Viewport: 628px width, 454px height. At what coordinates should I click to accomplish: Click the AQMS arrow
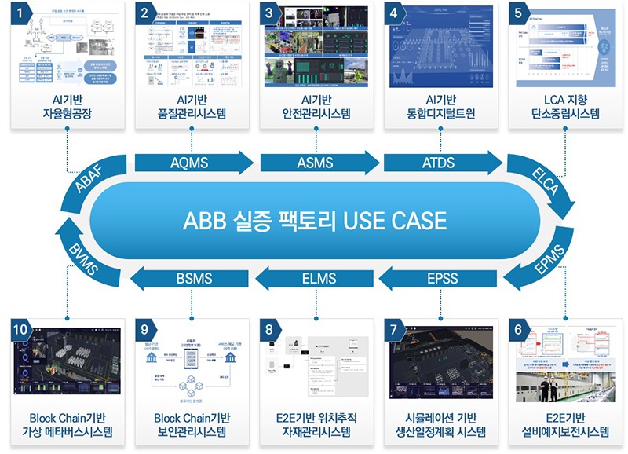(191, 163)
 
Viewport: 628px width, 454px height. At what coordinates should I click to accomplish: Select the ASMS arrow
(316, 163)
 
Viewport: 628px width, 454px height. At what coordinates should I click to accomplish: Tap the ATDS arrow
(440, 163)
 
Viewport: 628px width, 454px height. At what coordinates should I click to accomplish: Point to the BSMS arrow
(191, 277)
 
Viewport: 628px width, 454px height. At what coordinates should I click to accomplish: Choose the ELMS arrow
(316, 277)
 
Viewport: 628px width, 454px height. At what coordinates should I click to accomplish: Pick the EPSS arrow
(440, 277)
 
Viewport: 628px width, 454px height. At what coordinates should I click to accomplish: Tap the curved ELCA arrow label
(544, 181)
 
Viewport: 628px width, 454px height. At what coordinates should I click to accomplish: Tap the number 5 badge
(517, 13)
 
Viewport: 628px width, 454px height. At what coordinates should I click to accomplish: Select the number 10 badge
(21, 329)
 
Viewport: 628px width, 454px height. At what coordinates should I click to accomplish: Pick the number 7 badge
(393, 329)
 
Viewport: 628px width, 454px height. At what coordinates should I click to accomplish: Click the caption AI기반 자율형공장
(67, 105)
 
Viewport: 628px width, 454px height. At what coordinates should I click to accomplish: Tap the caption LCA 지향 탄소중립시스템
(562, 105)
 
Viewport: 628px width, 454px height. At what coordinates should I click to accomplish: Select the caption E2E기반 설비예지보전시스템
(562, 424)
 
